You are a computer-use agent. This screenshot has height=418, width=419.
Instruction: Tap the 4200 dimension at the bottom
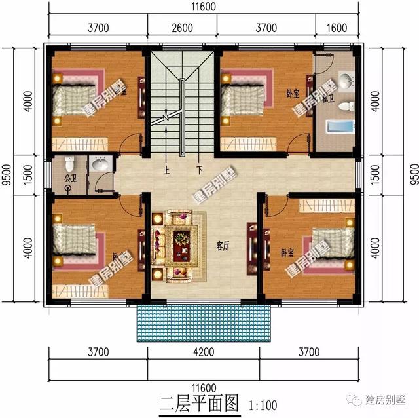click(204, 353)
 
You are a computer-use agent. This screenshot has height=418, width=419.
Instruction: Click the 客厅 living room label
click(222, 246)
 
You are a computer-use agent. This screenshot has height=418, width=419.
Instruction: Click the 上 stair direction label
click(167, 168)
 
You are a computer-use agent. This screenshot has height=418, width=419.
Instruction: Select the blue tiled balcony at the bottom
click(204, 322)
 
